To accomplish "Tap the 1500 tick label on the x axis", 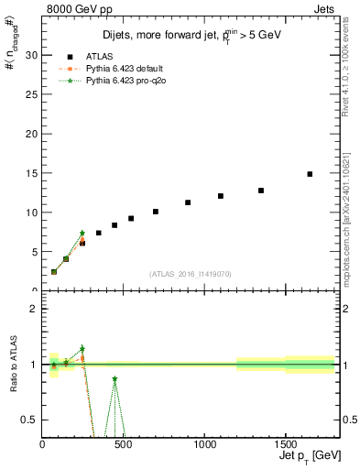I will [x=285, y=445].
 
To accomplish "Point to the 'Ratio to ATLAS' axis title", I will [x=13, y=365].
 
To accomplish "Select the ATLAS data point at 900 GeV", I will [x=188, y=202].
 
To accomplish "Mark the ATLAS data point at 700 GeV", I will [x=156, y=212].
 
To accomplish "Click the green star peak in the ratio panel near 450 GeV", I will [x=115, y=378].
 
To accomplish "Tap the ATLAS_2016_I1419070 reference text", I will [x=191, y=273].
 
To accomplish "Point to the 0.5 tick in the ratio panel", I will [x=31, y=420].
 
